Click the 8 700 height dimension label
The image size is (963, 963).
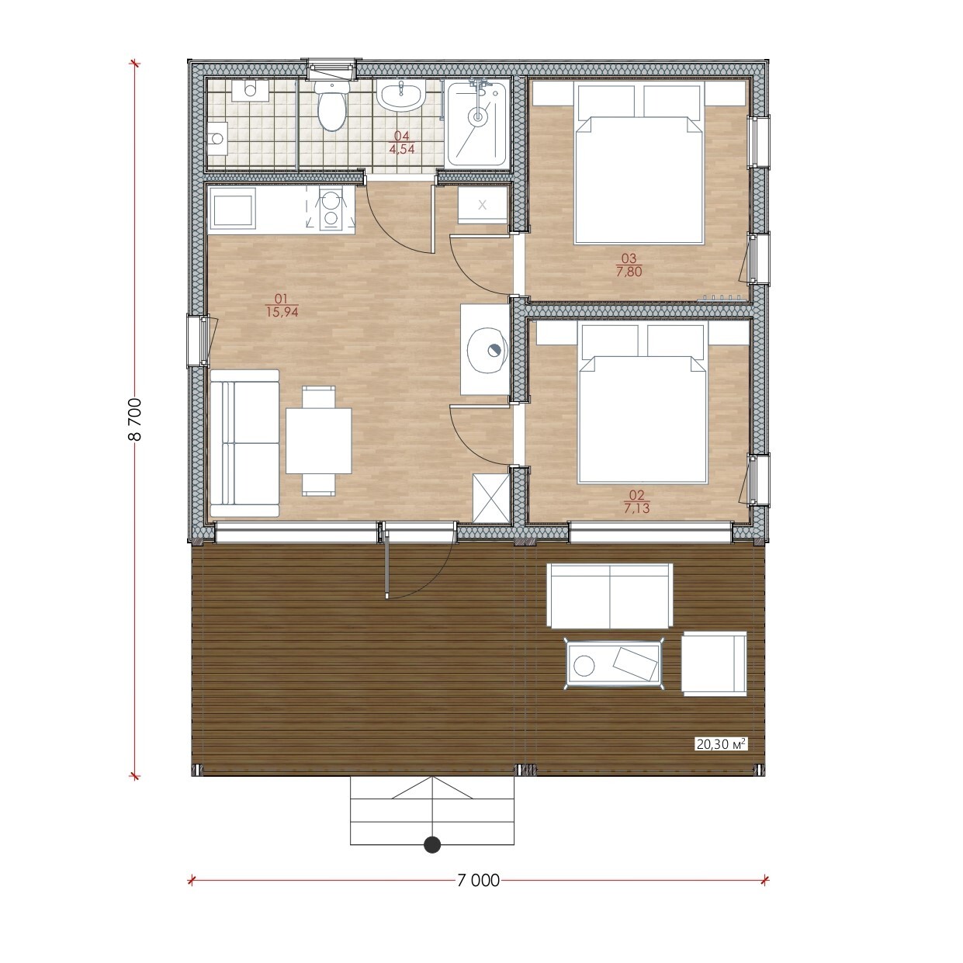pos(135,419)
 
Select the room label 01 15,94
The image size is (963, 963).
pos(282,306)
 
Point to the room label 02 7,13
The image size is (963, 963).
pos(636,502)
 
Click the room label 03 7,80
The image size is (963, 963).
pos(629,265)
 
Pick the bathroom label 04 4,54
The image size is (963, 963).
pos(402,142)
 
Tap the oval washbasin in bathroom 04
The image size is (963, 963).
pos(400,96)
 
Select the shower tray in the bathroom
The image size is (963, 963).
pos(476,123)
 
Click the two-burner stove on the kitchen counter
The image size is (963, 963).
pos(329,210)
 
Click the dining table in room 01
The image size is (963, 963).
pos(319,440)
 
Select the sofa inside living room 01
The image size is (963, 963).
pos(244,443)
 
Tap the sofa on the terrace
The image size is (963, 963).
pos(610,595)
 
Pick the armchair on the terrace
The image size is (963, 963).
pos(714,663)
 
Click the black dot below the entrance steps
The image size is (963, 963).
pos(431,844)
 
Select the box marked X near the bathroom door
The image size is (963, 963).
pos(483,204)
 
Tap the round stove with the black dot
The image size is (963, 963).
pos(487,350)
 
